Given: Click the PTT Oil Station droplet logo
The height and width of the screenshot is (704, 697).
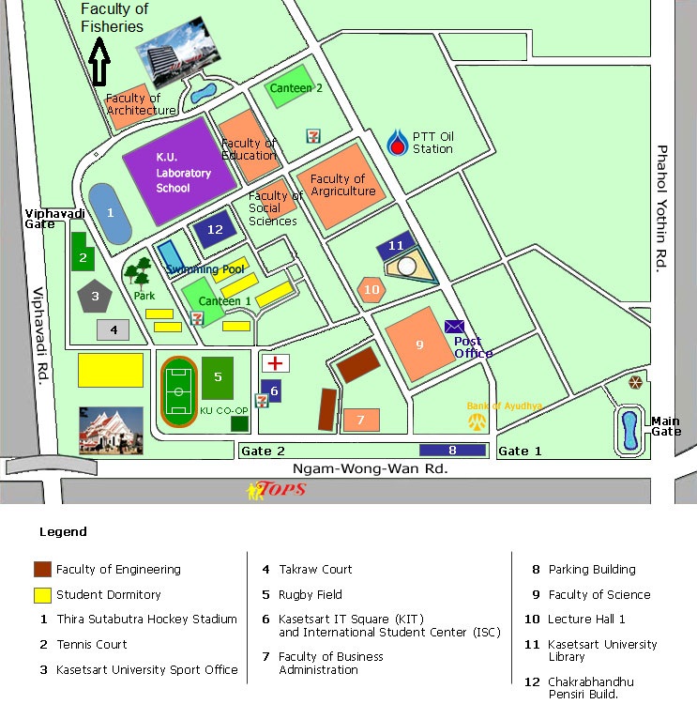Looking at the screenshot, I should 399,143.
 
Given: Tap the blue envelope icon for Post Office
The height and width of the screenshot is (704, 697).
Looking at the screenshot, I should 455,326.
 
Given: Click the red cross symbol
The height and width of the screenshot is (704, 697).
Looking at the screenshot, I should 276,363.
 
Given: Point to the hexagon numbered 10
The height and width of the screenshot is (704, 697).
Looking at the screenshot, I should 371,289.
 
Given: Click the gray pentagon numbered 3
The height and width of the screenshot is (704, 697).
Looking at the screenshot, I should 94,297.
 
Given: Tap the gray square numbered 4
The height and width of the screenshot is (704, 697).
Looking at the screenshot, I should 113,329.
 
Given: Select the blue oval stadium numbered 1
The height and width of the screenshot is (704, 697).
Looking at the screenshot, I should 111,214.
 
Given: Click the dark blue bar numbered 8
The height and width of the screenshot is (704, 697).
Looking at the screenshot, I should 452,450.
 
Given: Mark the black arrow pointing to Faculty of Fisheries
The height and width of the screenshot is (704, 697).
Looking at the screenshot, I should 98,65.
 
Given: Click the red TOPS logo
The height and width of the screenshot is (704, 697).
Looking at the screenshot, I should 277,489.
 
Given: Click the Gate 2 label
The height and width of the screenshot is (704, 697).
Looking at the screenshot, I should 263,451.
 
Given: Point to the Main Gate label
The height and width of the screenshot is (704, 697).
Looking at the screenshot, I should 666,426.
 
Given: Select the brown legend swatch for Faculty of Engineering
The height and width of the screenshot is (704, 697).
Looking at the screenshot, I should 42,569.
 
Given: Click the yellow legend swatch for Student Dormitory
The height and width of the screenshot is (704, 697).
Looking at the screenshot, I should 42,594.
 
